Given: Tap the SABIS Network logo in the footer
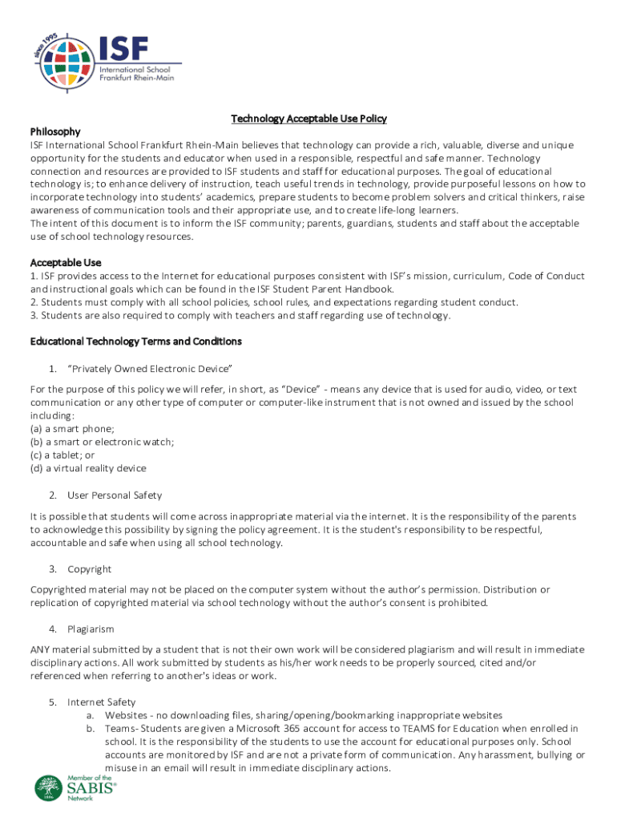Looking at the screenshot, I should pos(76,788).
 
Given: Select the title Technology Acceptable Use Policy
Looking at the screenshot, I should pos(308,119).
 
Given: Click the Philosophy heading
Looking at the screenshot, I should pos(55,131).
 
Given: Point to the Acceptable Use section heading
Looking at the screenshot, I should pos(66,263).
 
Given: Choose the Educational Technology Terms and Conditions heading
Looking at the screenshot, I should pos(135,342).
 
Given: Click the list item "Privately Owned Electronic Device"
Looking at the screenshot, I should pos(150,368).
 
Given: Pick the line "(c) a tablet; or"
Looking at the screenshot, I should pos(63,455).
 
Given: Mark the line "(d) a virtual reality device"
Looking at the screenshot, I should pos(88,468).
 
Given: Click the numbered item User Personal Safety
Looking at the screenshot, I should pos(114,495).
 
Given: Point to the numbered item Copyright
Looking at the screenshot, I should pos(89,568).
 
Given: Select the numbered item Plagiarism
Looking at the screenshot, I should pos(91,629).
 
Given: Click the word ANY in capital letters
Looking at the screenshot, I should pos(40,649).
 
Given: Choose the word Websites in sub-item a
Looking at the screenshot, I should pos(126,715).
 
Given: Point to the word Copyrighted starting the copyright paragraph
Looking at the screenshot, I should pos(58,589).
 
